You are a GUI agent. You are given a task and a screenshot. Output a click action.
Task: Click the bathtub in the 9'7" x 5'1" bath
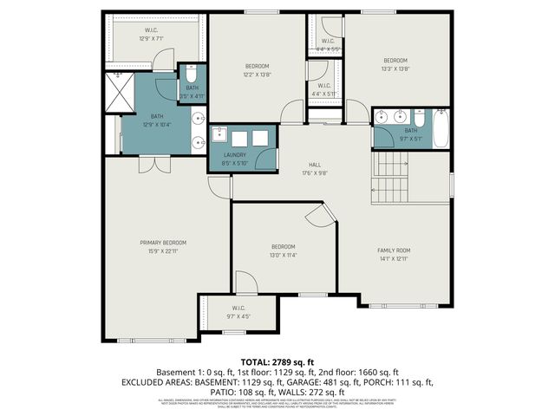tap(440, 126)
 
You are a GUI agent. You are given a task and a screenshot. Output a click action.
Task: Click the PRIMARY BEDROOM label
tap(163, 243)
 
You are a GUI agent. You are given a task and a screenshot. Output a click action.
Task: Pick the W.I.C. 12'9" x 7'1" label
tap(155, 35)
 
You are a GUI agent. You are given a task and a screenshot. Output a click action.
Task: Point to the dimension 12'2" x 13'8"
tap(256, 75)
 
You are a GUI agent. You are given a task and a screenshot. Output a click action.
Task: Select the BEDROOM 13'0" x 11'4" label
tap(282, 250)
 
